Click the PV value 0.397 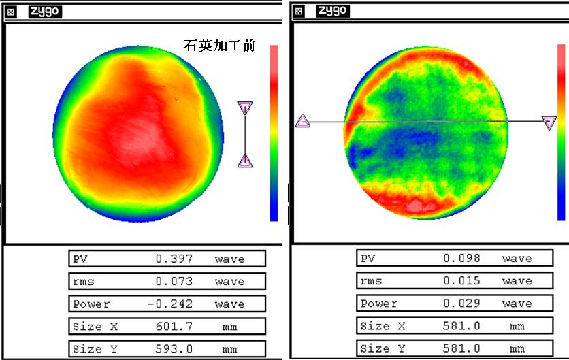pyautogui.click(x=174, y=259)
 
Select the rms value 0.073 pyautogui.click(x=174, y=281)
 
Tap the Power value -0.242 pyautogui.click(x=172, y=304)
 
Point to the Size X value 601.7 pyautogui.click(x=174, y=327)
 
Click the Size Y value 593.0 pyautogui.click(x=174, y=350)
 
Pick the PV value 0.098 pyautogui.click(x=461, y=259)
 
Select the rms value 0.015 pyautogui.click(x=461, y=281)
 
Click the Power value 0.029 pyautogui.click(x=461, y=304)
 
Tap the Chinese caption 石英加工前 pyautogui.click(x=219, y=46)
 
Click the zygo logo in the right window pyautogui.click(x=333, y=10)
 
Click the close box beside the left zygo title pyautogui.click(x=12, y=12)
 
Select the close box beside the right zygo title pyautogui.click(x=300, y=11)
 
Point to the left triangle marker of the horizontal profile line pyautogui.click(x=303, y=121)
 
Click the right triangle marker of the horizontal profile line pyautogui.click(x=549, y=122)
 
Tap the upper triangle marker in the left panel pyautogui.click(x=245, y=108)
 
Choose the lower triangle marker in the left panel pyautogui.click(x=245, y=161)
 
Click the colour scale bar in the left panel pyautogui.click(x=274, y=133)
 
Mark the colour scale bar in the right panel pyautogui.click(x=562, y=131)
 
